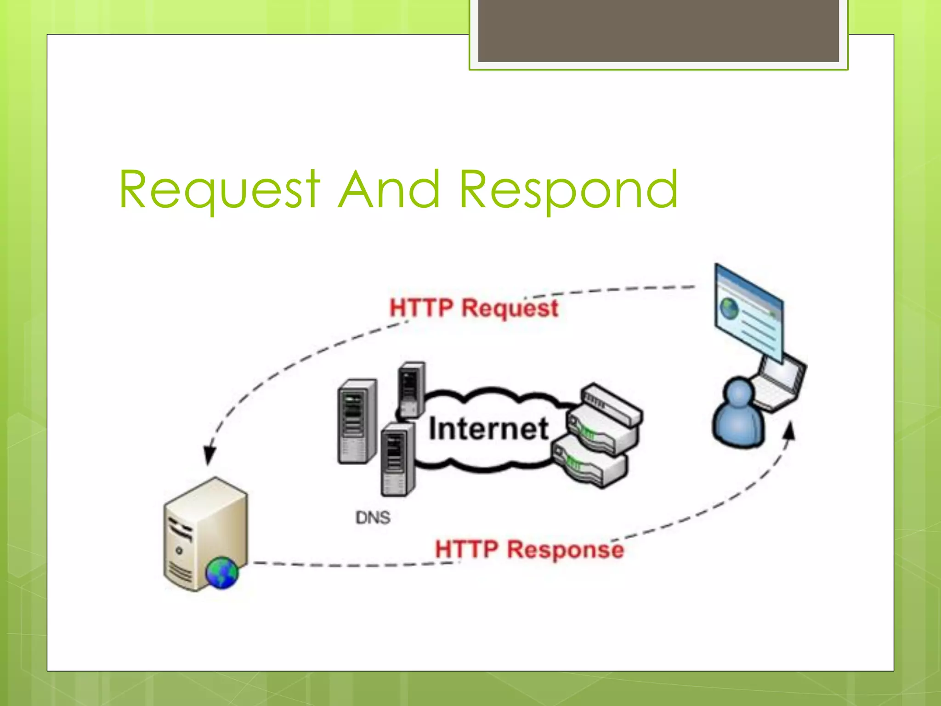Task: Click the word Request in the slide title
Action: coord(219,189)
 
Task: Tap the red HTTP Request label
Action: coord(474,307)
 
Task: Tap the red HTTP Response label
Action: coord(529,549)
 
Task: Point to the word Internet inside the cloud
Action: coord(488,429)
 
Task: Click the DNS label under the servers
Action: coord(373,518)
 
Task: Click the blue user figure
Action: coord(738,414)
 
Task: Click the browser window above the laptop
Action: coord(749,313)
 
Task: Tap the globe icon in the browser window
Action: coord(729,308)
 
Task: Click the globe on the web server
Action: coord(222,573)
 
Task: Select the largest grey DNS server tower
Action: coord(357,421)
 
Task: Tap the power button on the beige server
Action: coord(179,550)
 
